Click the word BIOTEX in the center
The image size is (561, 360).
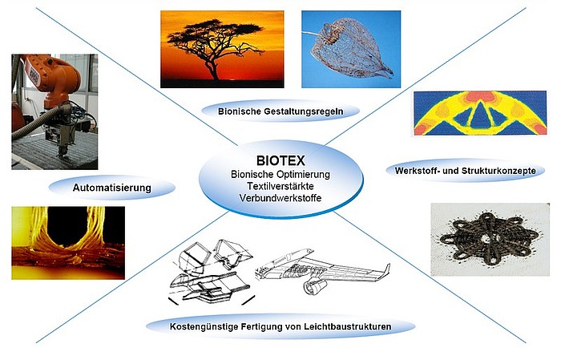[x=280, y=160]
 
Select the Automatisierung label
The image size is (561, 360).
[x=112, y=188]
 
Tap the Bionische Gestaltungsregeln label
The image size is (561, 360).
[x=280, y=111]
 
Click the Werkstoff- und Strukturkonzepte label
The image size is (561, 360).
[x=465, y=170]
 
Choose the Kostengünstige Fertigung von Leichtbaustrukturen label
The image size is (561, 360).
[x=280, y=326]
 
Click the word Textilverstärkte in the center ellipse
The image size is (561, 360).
[x=280, y=186]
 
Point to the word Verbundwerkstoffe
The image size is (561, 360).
[x=280, y=198]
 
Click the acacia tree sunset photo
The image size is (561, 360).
[x=222, y=49]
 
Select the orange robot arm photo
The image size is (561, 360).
[x=54, y=111]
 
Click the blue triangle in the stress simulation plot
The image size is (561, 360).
[x=480, y=114]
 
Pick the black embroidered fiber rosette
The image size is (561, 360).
[x=490, y=239]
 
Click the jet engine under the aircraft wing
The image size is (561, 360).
[x=315, y=286]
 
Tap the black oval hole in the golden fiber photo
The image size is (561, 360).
[x=67, y=226]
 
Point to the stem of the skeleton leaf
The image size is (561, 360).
[x=312, y=34]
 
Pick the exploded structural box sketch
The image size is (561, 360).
[x=212, y=272]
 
